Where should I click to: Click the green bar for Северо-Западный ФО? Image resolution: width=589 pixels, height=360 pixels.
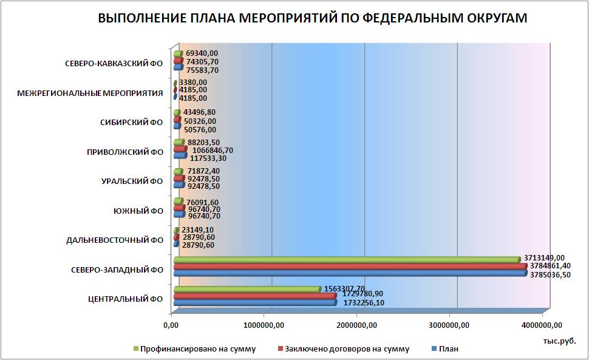346,259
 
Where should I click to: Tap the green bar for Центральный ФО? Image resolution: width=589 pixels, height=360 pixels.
246,289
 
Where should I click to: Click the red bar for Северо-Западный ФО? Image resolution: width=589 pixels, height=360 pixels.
349,267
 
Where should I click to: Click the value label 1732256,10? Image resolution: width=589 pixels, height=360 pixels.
364,302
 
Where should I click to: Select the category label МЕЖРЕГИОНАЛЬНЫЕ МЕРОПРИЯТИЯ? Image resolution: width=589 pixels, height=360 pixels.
90,93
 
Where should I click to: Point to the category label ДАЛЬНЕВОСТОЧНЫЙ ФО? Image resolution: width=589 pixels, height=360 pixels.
115,240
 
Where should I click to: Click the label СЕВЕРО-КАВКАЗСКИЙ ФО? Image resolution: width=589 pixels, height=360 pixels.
114,64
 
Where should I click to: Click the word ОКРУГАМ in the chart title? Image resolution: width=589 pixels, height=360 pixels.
492,19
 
